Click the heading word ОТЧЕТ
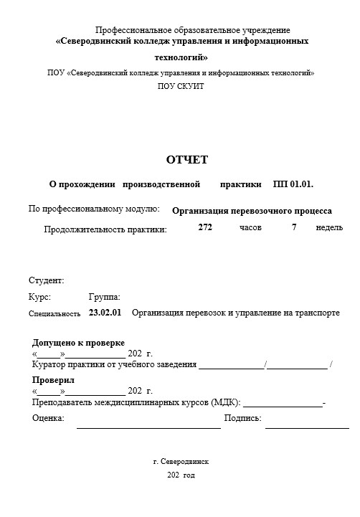click(186, 159)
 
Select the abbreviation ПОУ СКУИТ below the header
click(181, 86)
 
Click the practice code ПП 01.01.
click(293, 184)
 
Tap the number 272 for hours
click(205, 227)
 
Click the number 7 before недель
click(294, 227)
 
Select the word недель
click(329, 227)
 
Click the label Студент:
click(47, 280)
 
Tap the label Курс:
click(39, 296)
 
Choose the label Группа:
click(104, 296)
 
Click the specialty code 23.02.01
click(105, 313)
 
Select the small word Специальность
click(55, 314)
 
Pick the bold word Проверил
click(53, 380)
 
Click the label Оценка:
click(48, 417)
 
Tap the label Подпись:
click(242, 417)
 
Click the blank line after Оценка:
click(148, 427)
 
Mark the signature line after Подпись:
click(306, 427)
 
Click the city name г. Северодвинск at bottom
click(181, 462)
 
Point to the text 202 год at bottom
click(181, 475)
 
